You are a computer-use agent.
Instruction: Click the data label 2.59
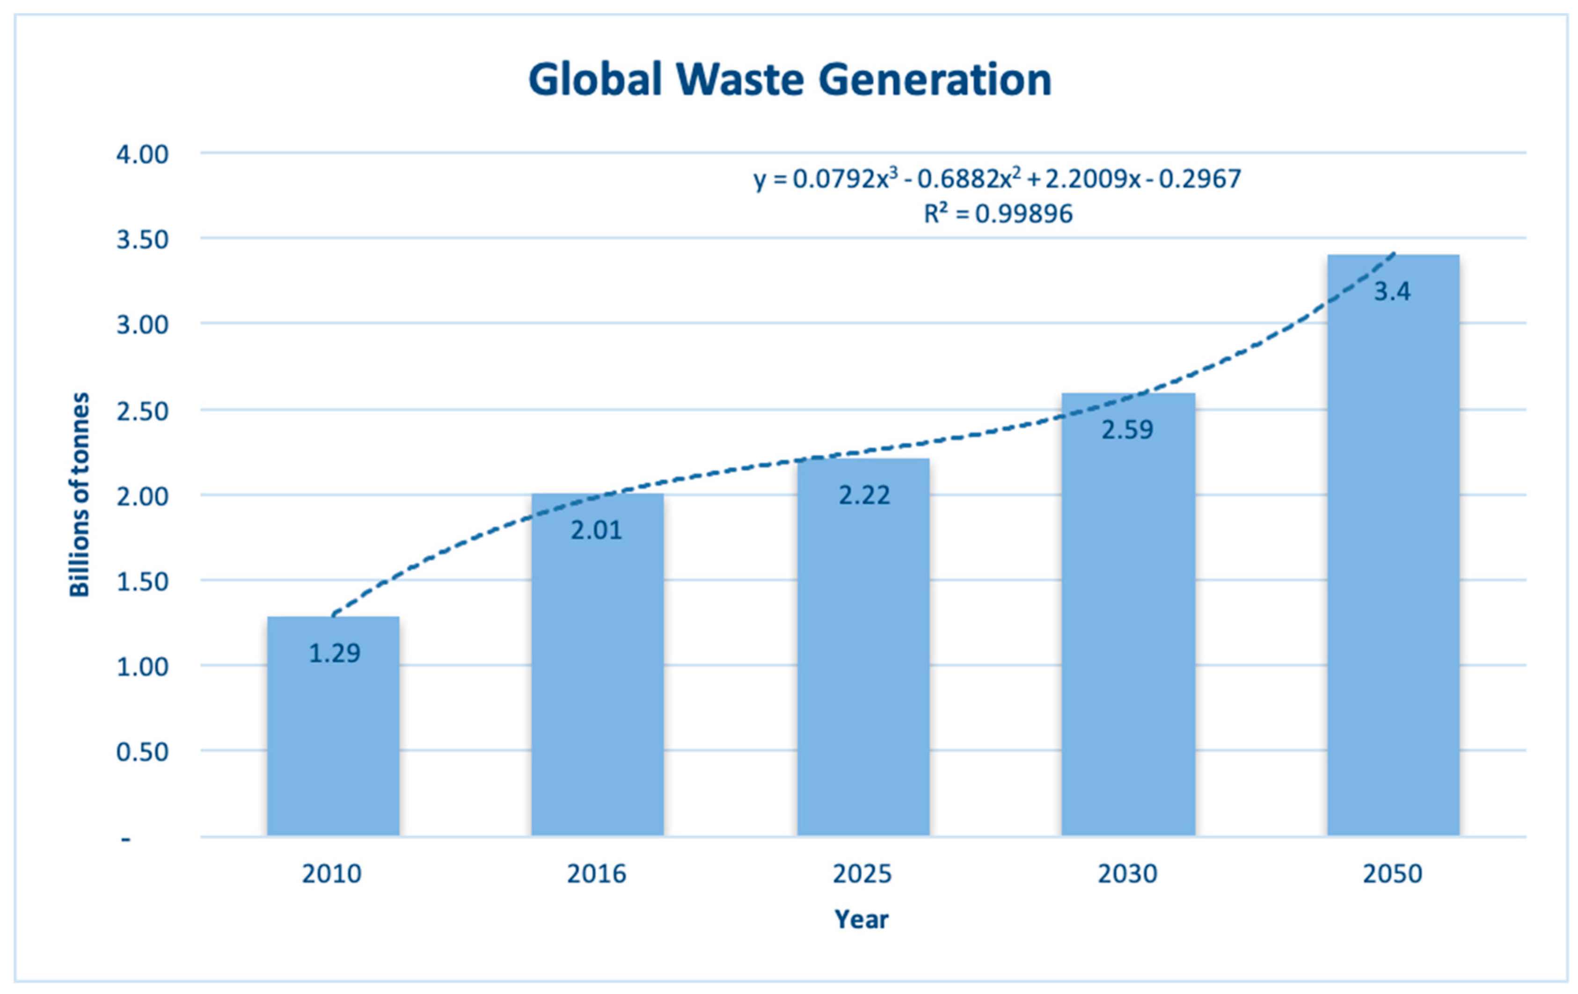[x=1127, y=430]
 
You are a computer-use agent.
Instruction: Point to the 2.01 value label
[x=596, y=530]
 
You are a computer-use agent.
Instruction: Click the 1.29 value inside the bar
[x=334, y=653]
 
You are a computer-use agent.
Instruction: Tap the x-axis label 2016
[x=596, y=873]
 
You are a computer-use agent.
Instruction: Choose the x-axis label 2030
[x=1127, y=873]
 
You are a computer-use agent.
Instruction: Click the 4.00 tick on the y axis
[x=142, y=155]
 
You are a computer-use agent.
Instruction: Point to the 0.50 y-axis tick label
[x=142, y=752]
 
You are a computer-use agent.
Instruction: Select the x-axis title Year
[x=861, y=919]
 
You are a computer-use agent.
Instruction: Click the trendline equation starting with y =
[x=997, y=179]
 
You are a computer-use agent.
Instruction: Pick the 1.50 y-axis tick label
[x=142, y=581]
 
